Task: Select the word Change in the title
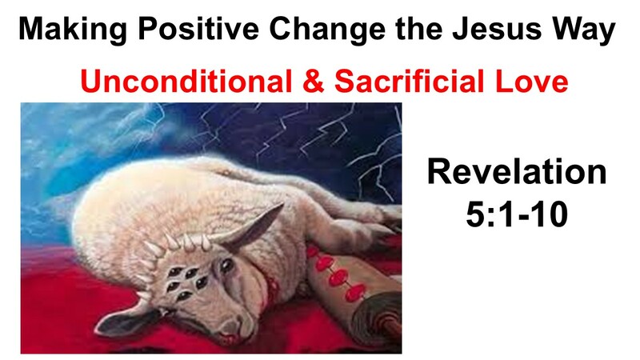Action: pos(327,30)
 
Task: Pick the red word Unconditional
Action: pos(186,81)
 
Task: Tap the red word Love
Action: pos(531,81)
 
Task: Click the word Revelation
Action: pos(517,172)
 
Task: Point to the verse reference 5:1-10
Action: pos(517,214)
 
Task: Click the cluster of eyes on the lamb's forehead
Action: pos(185,282)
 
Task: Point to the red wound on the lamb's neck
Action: pos(270,290)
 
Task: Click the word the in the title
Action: pos(418,29)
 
